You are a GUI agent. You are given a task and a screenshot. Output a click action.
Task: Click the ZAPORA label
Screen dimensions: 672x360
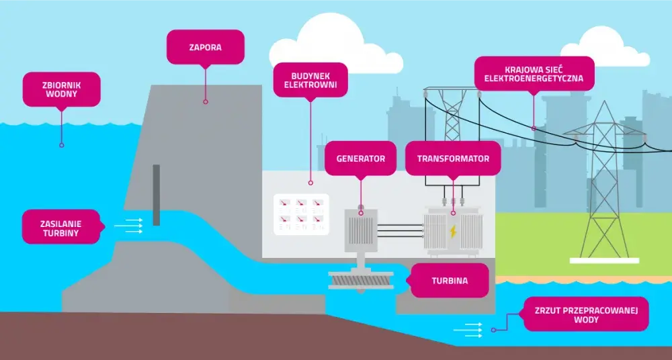click(x=205, y=47)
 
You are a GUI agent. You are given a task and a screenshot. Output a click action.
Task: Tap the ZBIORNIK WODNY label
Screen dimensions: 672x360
click(x=62, y=89)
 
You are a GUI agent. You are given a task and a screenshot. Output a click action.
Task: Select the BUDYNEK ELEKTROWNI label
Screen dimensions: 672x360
click(x=310, y=80)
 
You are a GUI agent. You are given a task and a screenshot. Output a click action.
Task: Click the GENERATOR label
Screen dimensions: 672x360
click(x=360, y=158)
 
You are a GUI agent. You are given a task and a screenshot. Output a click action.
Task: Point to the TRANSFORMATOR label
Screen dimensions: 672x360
click(x=453, y=158)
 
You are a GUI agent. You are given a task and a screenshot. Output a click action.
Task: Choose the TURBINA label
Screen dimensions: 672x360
click(x=450, y=281)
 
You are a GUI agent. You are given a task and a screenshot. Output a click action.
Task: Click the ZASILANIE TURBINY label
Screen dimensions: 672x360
click(x=61, y=228)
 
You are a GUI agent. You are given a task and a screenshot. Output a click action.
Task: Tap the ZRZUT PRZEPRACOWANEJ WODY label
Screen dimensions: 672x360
click(x=586, y=314)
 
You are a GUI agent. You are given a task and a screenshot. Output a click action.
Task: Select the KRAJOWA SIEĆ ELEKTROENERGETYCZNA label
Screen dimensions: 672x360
click(x=534, y=73)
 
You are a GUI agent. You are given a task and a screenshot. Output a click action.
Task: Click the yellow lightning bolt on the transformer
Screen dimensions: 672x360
click(x=453, y=232)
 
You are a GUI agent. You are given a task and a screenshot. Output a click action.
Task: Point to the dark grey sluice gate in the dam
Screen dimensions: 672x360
click(x=157, y=195)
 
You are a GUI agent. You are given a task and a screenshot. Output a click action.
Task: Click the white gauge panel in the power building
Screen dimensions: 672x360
click(x=301, y=214)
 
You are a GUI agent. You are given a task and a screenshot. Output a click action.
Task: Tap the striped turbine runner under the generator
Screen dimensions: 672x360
click(x=361, y=280)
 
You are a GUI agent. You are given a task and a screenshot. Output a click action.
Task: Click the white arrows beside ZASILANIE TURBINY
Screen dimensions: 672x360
click(x=128, y=226)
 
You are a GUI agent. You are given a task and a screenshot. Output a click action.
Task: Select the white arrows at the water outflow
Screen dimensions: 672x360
click(x=468, y=330)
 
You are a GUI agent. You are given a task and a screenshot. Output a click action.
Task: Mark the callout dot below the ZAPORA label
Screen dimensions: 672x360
click(x=205, y=101)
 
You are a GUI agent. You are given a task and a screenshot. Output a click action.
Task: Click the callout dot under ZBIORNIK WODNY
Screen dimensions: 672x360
click(x=61, y=145)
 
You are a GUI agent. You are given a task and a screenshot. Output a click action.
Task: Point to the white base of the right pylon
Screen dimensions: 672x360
click(x=604, y=260)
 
